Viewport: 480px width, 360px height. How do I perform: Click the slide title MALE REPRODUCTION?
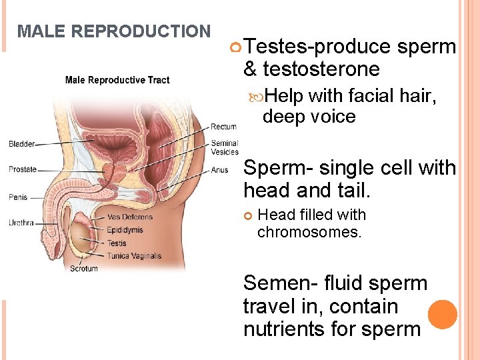pyautogui.click(x=113, y=31)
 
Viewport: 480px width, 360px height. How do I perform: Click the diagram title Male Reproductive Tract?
pyautogui.click(x=117, y=80)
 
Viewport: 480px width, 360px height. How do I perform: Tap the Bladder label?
pyautogui.click(x=22, y=144)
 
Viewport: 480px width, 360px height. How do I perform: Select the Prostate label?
pyautogui.click(x=23, y=169)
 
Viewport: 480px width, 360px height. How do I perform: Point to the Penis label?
pyautogui.click(x=18, y=197)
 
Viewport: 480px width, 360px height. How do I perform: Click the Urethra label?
pyautogui.click(x=21, y=223)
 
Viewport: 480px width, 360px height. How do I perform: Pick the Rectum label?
pyautogui.click(x=223, y=127)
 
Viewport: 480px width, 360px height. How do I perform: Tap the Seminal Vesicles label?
pyautogui.click(x=225, y=147)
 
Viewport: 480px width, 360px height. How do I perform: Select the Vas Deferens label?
pyautogui.click(x=130, y=217)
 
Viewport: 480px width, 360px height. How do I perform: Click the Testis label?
pyautogui.click(x=117, y=243)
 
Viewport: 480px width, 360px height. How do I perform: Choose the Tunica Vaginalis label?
pyautogui.click(x=134, y=255)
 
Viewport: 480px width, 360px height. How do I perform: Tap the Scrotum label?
pyautogui.click(x=84, y=269)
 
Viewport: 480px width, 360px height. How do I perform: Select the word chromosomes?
pyautogui.click(x=309, y=232)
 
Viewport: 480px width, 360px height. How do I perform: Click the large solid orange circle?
pyautogui.click(x=443, y=315)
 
